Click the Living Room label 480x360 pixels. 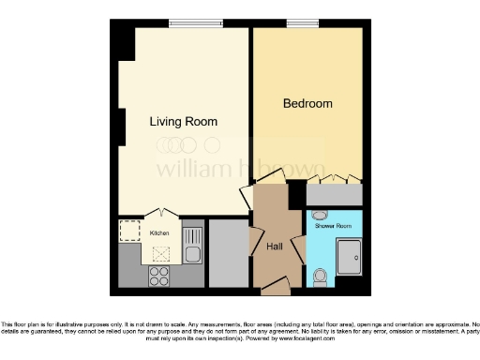[184, 122]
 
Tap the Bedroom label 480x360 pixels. [307, 104]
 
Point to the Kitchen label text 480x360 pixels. [159, 232]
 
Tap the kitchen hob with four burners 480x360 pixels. [157, 276]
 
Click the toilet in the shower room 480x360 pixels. [320, 276]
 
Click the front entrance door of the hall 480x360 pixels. [276, 283]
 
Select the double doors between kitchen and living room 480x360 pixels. [160, 213]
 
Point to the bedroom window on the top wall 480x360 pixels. [303, 23]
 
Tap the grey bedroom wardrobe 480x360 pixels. [335, 194]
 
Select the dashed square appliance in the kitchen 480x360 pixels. [129, 231]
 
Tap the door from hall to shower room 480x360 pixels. [298, 248]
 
